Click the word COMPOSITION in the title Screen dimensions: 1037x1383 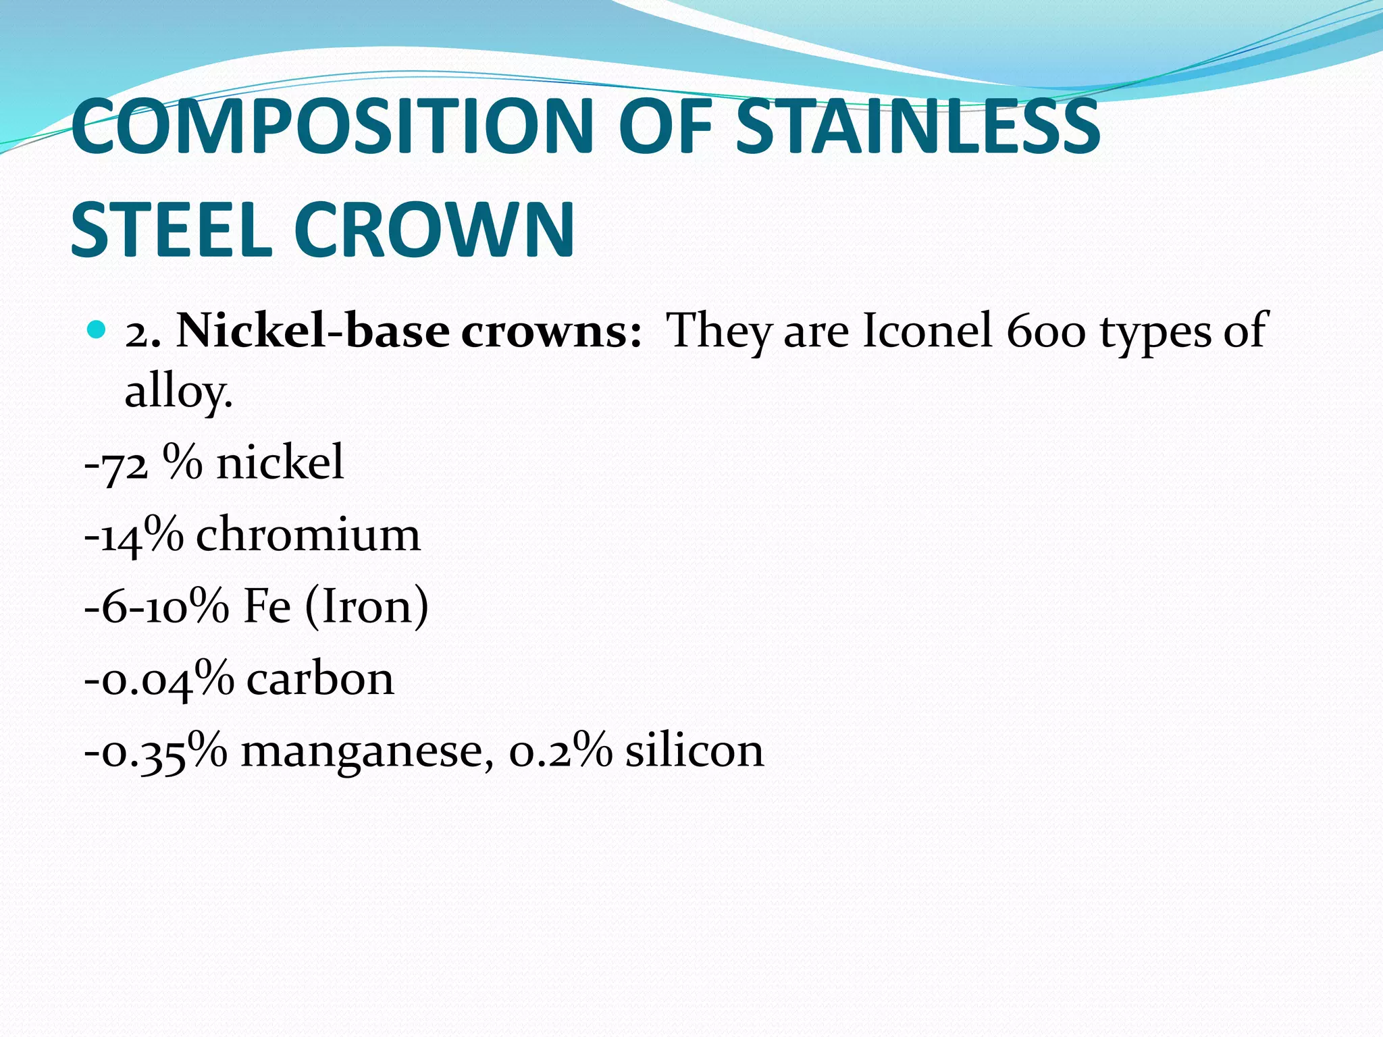pyautogui.click(x=332, y=126)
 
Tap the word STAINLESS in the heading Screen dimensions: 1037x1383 pyautogui.click(x=918, y=126)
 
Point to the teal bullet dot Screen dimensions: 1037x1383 pyautogui.click(x=97, y=330)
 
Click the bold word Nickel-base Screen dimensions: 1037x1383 pyautogui.click(x=313, y=331)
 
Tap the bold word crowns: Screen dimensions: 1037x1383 pyautogui.click(x=551, y=331)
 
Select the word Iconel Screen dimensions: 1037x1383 pyautogui.click(x=928, y=331)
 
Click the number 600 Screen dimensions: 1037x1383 pyautogui.click(x=1045, y=331)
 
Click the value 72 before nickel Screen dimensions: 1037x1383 pyautogui.click(x=124, y=464)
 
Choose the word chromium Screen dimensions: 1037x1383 pyautogui.click(x=308, y=535)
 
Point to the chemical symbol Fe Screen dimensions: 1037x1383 pyautogui.click(x=266, y=606)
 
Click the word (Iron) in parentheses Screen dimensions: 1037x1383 pyautogui.click(x=367, y=606)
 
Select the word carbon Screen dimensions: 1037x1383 pyautogui.click(x=319, y=679)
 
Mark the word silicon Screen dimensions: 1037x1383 pyautogui.click(x=694, y=750)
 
